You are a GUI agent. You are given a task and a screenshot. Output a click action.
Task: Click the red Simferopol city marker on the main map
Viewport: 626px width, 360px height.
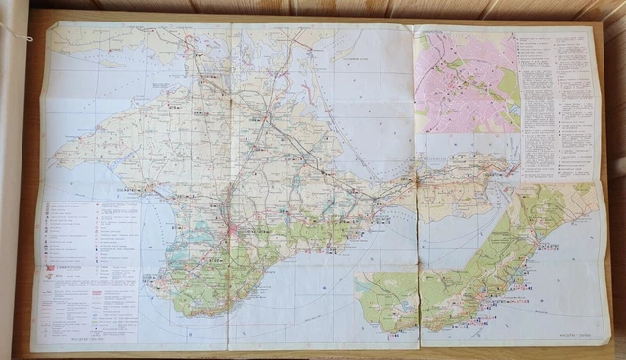coord(232,232)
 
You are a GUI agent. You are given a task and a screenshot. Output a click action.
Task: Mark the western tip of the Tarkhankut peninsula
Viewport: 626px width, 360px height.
coord(57,157)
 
